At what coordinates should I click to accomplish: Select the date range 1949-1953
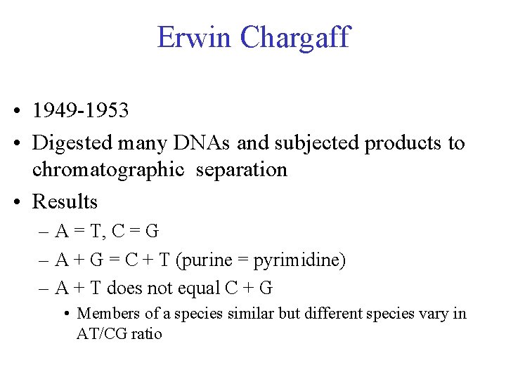coord(81,111)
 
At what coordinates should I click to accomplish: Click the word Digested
coord(73,143)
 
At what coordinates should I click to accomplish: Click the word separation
coord(242,171)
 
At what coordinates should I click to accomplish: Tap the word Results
coord(65,202)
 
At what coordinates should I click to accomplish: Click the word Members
coord(106,313)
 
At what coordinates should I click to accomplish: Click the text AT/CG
coord(103,333)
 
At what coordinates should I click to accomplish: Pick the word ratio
coord(148,333)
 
